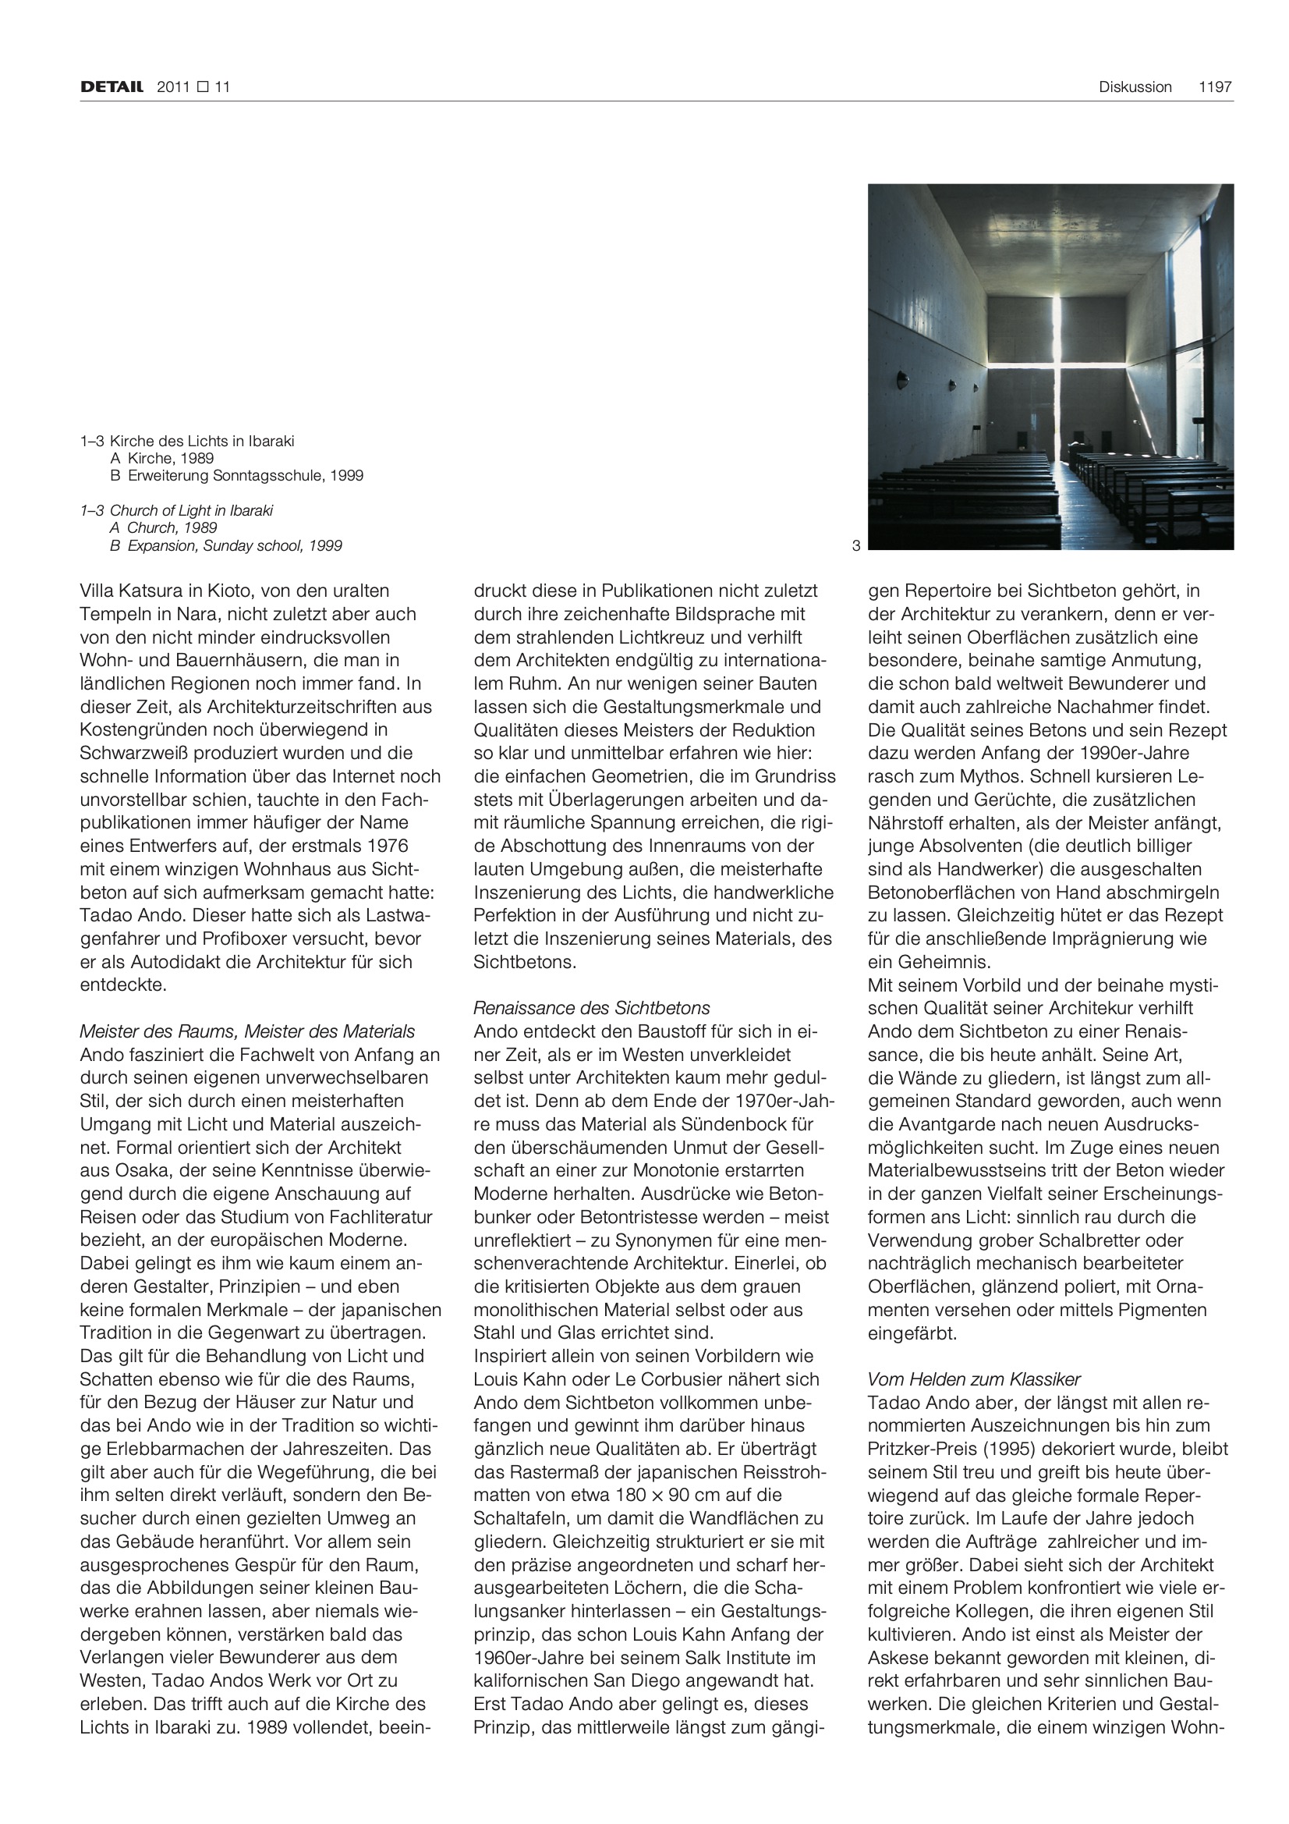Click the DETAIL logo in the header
coord(112,87)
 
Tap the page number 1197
coord(1215,87)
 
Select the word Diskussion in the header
coord(1135,87)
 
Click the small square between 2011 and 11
coord(202,87)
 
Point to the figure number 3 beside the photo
coord(855,546)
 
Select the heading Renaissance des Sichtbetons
coord(592,1008)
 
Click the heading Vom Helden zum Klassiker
coord(974,1379)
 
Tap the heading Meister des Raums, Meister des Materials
coord(247,1031)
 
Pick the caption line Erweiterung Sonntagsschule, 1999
coord(245,476)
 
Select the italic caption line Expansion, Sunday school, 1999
coord(234,546)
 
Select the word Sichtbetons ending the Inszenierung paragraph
coord(524,962)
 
